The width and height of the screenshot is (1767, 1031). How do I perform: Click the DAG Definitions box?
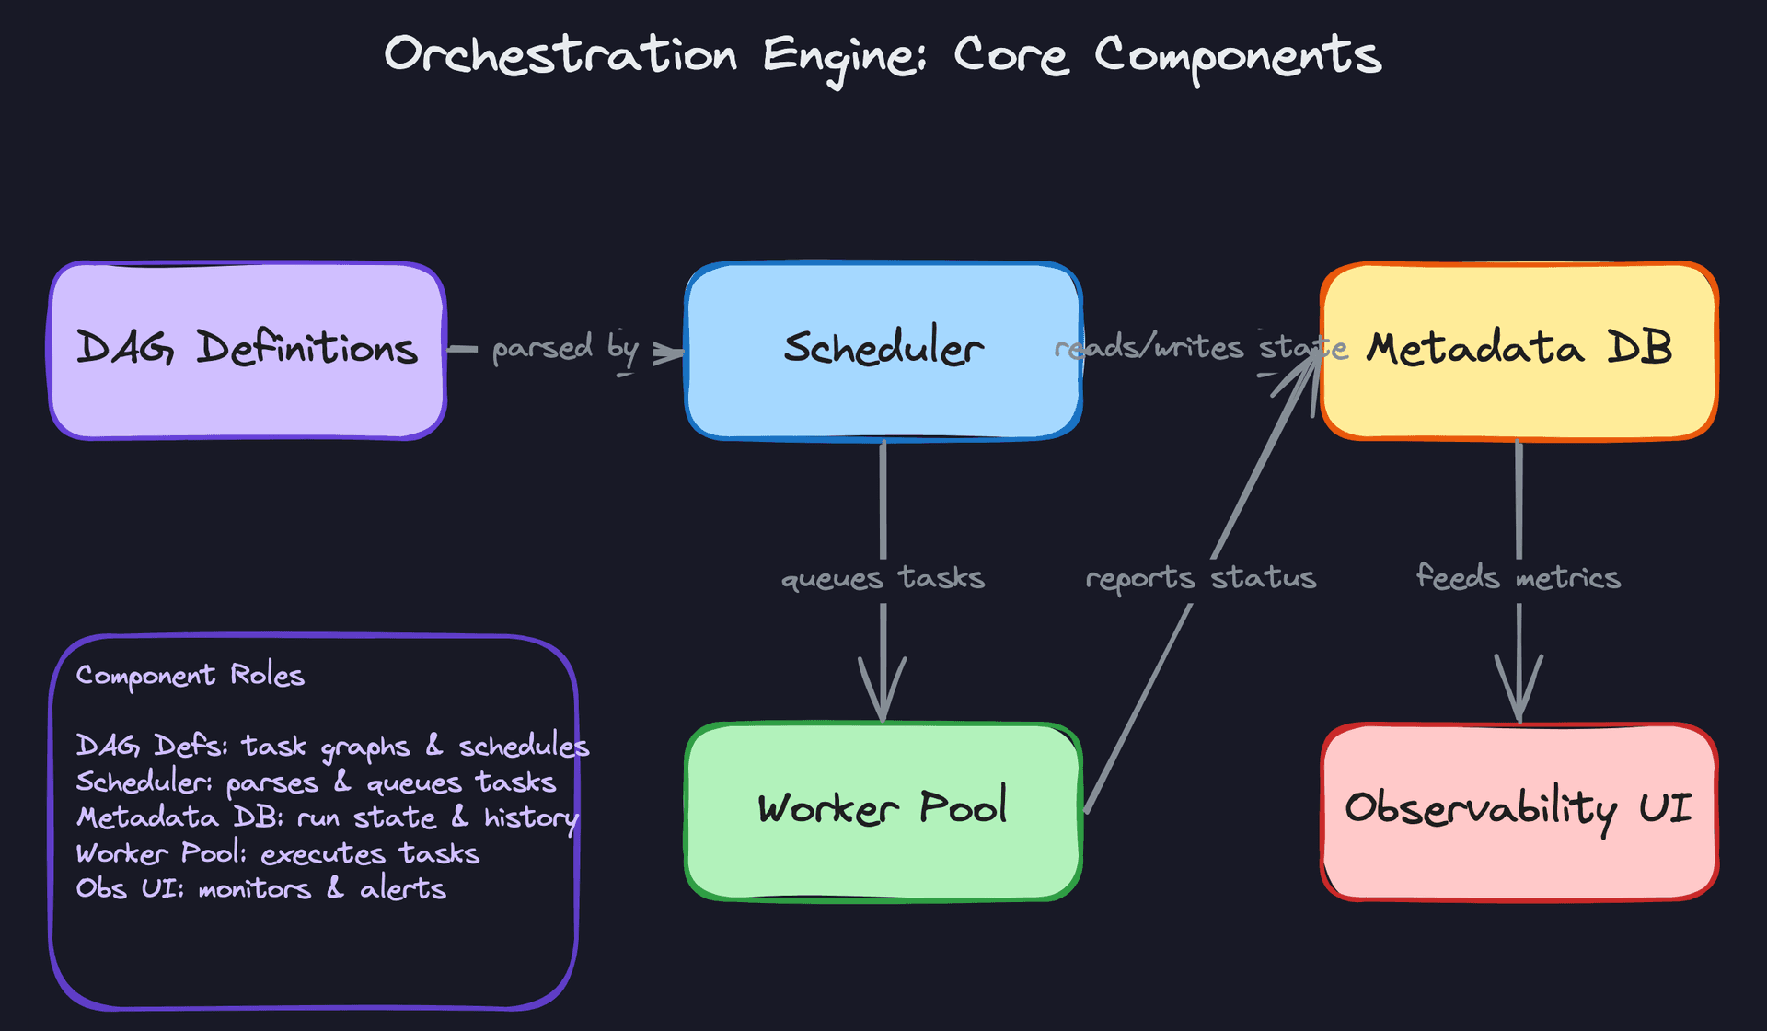[247, 351]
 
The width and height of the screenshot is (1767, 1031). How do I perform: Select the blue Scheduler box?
[883, 351]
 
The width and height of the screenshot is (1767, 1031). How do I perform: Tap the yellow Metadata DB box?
[1519, 351]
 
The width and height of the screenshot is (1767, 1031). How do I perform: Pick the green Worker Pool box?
[883, 811]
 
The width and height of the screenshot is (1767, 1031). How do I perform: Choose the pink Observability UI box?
[1519, 811]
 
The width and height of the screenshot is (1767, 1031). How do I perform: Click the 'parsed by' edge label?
[565, 349]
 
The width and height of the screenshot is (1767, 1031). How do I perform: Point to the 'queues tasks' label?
[883, 578]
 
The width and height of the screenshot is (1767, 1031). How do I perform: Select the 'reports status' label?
[1200, 578]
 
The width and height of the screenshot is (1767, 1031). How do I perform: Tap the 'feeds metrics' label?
[1519, 578]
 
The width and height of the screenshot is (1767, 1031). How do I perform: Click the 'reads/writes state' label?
[1200, 348]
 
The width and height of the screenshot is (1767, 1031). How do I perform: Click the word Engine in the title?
[844, 57]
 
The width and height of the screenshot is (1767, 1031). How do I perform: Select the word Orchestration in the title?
[560, 55]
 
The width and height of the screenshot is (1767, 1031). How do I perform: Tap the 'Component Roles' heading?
[190, 676]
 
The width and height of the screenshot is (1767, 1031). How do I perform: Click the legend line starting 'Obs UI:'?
[260, 889]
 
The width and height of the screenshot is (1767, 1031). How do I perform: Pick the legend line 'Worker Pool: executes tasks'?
[277, 853]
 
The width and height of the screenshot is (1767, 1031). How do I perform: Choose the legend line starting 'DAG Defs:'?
[331, 747]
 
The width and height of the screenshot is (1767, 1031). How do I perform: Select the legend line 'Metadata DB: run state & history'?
[327, 817]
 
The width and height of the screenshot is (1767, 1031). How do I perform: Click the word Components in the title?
[1237, 57]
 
